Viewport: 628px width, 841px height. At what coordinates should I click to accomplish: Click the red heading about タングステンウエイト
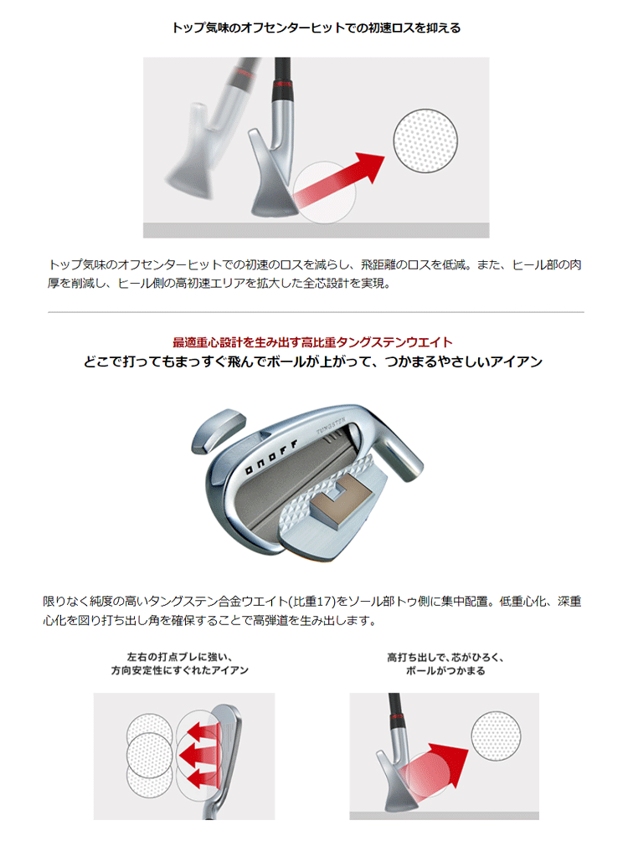point(312,341)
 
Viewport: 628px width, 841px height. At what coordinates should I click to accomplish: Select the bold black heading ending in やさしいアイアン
point(313,362)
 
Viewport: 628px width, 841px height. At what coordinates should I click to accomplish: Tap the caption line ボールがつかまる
point(444,670)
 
